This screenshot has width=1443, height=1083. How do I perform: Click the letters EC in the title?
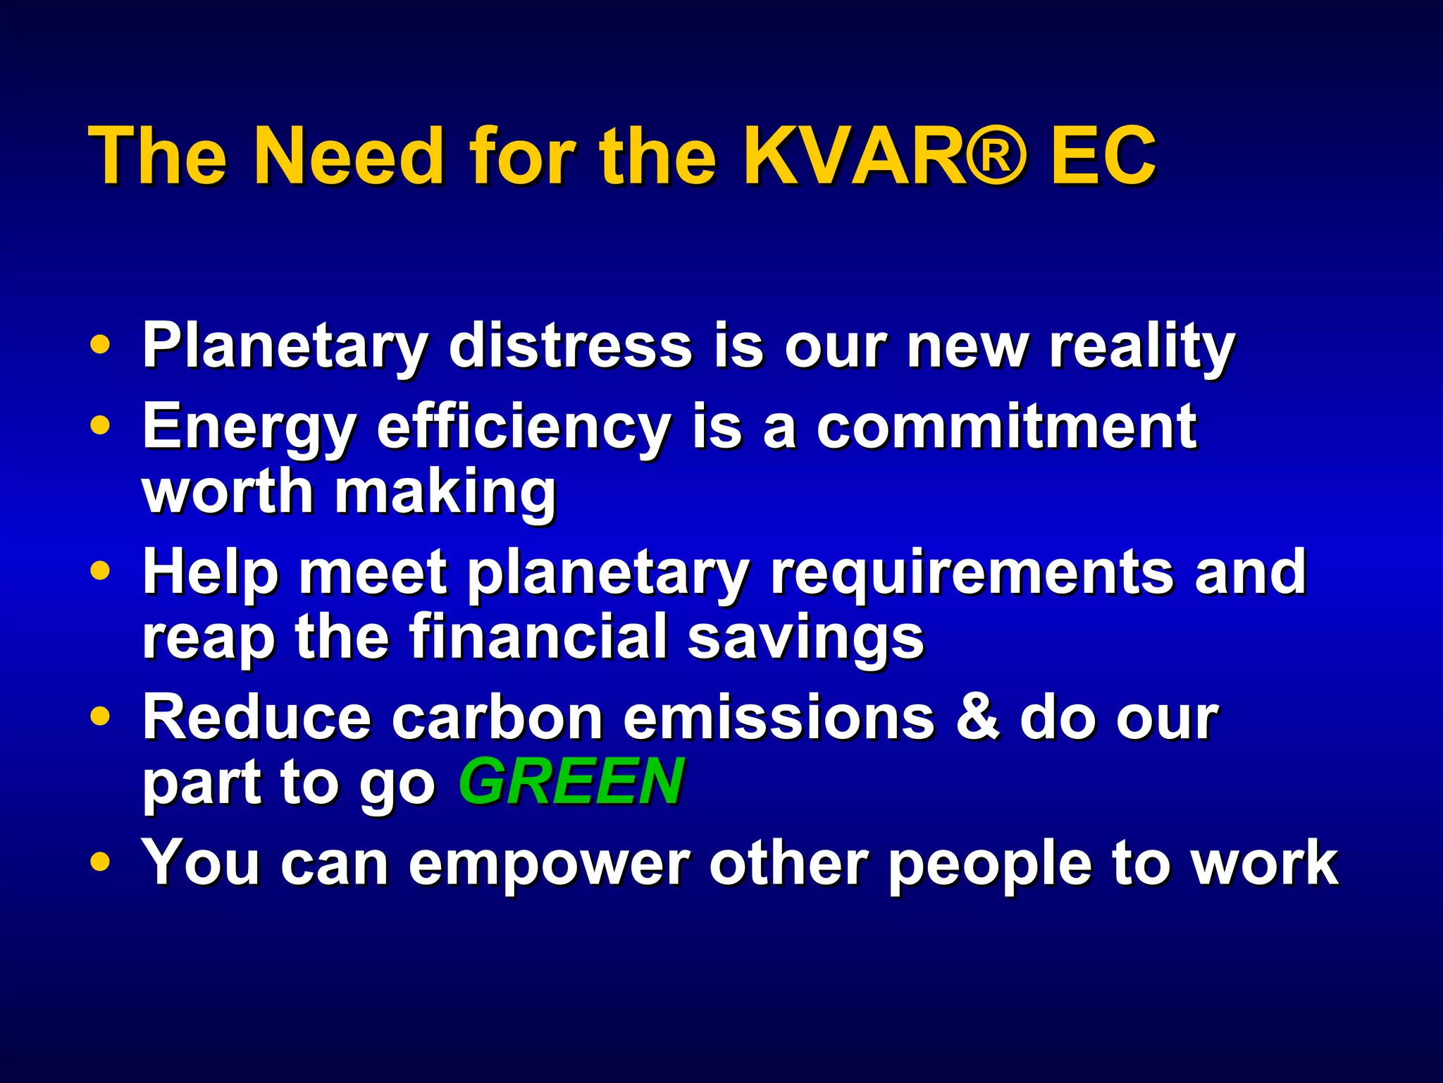tap(1103, 157)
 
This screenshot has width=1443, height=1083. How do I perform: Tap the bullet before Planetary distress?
tap(101, 345)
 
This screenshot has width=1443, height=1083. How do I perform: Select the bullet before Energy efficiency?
tap(101, 426)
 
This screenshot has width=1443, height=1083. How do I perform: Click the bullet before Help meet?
tap(101, 571)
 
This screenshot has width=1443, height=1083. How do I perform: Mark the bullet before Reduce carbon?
tap(101, 716)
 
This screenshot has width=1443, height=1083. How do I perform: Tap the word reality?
tap(1141, 348)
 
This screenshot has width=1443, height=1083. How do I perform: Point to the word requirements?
tap(973, 573)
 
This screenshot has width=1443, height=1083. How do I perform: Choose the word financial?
tap(538, 636)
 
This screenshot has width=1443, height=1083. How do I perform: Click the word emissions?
tap(779, 718)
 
